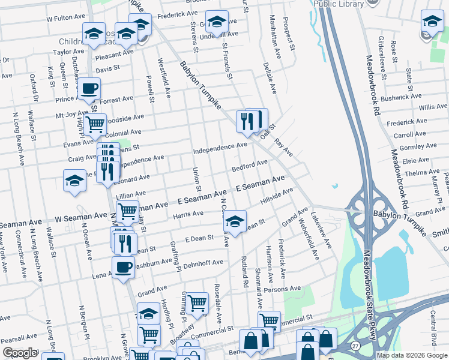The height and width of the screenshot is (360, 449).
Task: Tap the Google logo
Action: [x=20, y=353]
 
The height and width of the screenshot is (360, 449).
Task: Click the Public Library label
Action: [x=339, y=4]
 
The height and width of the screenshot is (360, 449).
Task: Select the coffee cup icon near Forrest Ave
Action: [x=89, y=89]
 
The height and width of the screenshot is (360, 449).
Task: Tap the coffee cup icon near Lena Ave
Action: [x=124, y=267]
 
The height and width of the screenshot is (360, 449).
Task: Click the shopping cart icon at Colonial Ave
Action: [x=95, y=125]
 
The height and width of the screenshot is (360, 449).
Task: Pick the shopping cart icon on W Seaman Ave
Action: [x=128, y=211]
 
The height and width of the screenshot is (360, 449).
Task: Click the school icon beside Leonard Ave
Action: [x=74, y=180]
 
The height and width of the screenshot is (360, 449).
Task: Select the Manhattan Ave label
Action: [x=274, y=37]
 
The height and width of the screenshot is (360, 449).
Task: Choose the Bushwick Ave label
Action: [x=402, y=97]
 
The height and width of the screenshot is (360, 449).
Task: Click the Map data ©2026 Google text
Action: [x=411, y=355]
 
